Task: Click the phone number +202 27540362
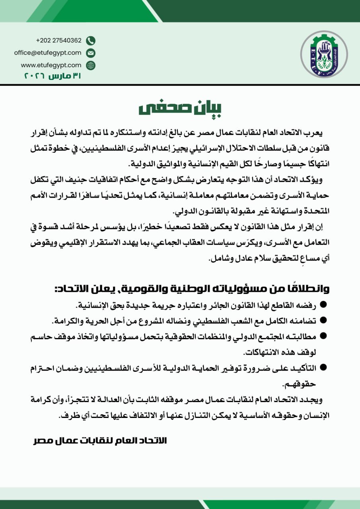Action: [58, 41]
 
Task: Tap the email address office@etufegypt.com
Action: [48, 52]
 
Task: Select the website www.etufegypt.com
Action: [51, 65]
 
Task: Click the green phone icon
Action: [91, 41]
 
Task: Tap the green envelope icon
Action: [91, 53]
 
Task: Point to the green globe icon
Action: [91, 65]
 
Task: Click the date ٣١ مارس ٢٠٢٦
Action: [53, 76]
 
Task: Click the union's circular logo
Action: [323, 54]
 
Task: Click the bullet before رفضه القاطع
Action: [323, 305]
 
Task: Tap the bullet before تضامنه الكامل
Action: [323, 320]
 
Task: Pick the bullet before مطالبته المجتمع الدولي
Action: [323, 336]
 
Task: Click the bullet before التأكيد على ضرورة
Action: [323, 368]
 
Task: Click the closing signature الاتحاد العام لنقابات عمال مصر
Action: [100, 441]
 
